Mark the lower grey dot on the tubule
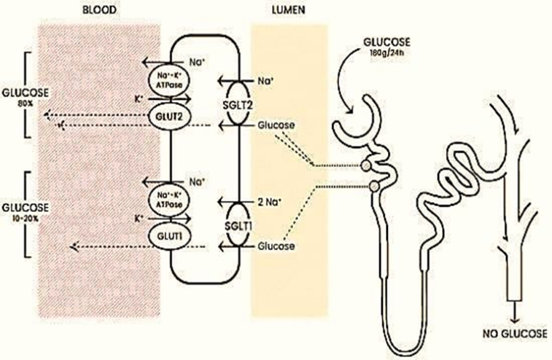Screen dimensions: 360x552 [374, 187]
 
